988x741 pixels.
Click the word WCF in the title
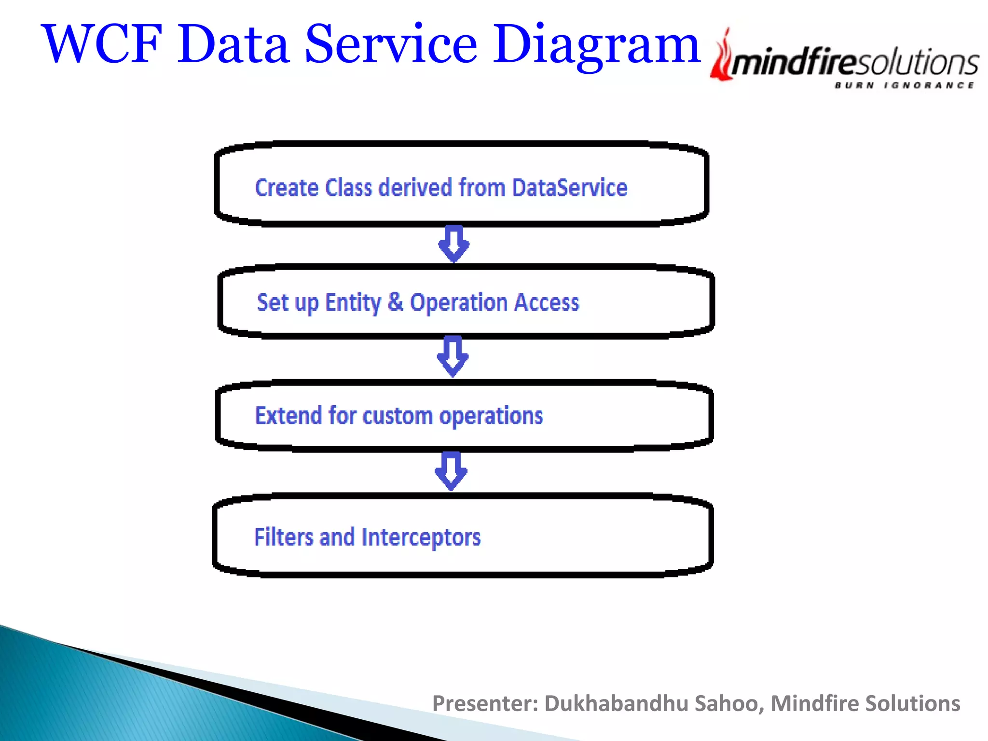[102, 44]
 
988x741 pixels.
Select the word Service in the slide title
[391, 44]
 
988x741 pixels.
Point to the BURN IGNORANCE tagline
[904, 85]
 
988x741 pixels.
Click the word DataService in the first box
[569, 188]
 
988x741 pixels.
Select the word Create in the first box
[287, 188]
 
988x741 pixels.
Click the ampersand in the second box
[395, 302]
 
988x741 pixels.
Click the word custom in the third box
[398, 416]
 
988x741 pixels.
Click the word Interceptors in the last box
[421, 537]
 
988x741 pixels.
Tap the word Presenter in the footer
[484, 703]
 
